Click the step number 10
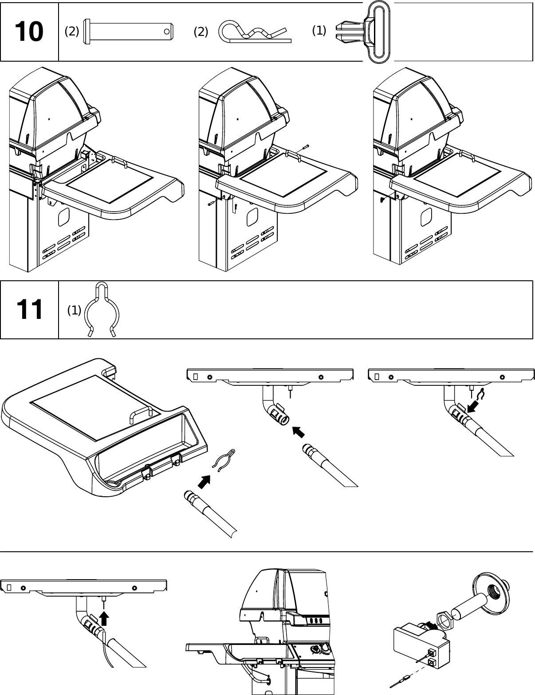(x=29, y=32)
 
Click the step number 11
(x=29, y=310)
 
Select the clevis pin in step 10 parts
(x=128, y=31)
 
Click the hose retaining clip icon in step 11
(x=102, y=310)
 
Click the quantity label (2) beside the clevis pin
(x=72, y=31)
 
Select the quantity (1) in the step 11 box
(x=74, y=310)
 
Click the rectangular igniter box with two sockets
(x=421, y=644)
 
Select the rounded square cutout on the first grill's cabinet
(x=63, y=216)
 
